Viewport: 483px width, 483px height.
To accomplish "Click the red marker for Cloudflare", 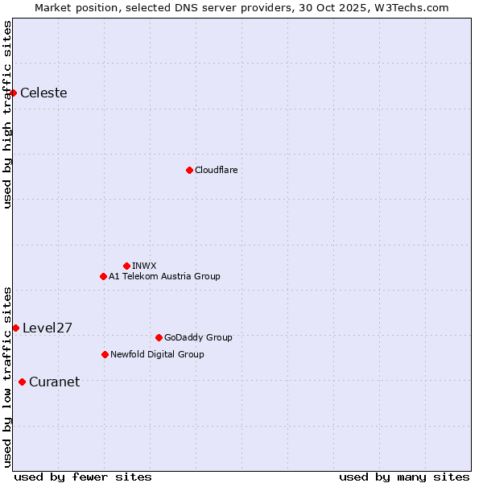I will (x=189, y=170).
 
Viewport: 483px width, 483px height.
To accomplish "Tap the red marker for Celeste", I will (x=14, y=93).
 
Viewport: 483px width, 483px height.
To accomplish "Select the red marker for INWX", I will (x=126, y=266).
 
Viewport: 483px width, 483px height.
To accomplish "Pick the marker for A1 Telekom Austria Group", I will (x=103, y=276).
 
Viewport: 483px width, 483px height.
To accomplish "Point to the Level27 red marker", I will (x=16, y=328).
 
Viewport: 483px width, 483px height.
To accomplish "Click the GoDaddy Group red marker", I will (x=159, y=337).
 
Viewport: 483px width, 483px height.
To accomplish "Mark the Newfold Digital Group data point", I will (x=105, y=354).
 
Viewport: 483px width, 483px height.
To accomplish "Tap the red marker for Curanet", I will (x=22, y=382).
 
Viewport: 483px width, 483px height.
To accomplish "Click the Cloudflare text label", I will (x=216, y=170).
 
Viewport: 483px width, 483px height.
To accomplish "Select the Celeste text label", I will (x=43, y=93).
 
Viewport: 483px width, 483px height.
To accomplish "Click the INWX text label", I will (x=144, y=266).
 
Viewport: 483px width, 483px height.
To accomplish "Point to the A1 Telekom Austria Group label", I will (x=164, y=276).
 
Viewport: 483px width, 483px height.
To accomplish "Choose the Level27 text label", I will (x=47, y=328).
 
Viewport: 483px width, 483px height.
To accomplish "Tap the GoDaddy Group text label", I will (x=198, y=337).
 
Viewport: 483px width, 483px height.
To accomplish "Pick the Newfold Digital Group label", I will (x=157, y=354).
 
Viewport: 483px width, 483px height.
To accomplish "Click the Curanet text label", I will (x=54, y=382).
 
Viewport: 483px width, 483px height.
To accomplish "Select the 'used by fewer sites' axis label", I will (x=83, y=477).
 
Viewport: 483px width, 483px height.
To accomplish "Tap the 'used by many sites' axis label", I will (x=404, y=477).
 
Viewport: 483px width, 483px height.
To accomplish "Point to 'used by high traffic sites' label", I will (x=7, y=114).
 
